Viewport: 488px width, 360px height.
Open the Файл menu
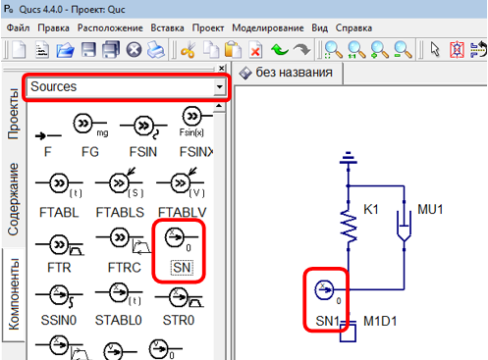pyautogui.click(x=17, y=28)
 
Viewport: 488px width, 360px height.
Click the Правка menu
pyautogui.click(x=53, y=28)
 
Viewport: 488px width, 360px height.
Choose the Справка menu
pyautogui.click(x=354, y=28)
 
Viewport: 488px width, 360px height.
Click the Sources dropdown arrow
pyautogui.click(x=219, y=87)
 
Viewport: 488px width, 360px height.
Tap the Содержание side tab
pyautogui.click(x=13, y=199)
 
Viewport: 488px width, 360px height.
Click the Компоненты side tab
pyautogui.click(x=13, y=295)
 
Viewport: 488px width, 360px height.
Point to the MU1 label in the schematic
pyautogui.click(x=431, y=210)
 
